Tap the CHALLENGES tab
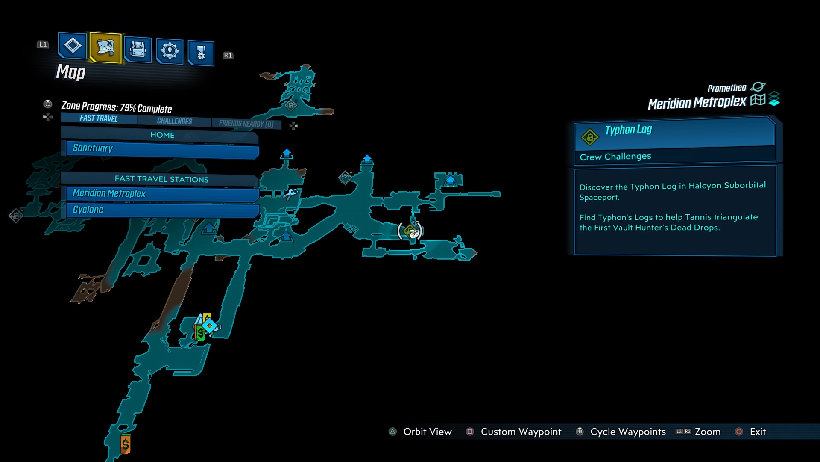point(174,121)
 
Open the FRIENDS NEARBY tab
point(246,124)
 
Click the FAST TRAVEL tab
point(99,118)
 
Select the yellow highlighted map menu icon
point(105,47)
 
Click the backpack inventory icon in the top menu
point(138,50)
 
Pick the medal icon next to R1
point(201,53)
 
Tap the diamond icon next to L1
point(72,45)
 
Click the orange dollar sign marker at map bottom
point(125,444)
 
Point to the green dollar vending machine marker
point(200,333)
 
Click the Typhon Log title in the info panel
point(628,130)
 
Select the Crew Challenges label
point(615,157)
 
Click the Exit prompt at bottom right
point(757,432)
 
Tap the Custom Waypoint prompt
point(521,432)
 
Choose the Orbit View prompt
point(427,432)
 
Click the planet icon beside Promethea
point(758,87)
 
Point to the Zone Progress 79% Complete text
point(116,107)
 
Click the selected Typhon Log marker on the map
point(410,231)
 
